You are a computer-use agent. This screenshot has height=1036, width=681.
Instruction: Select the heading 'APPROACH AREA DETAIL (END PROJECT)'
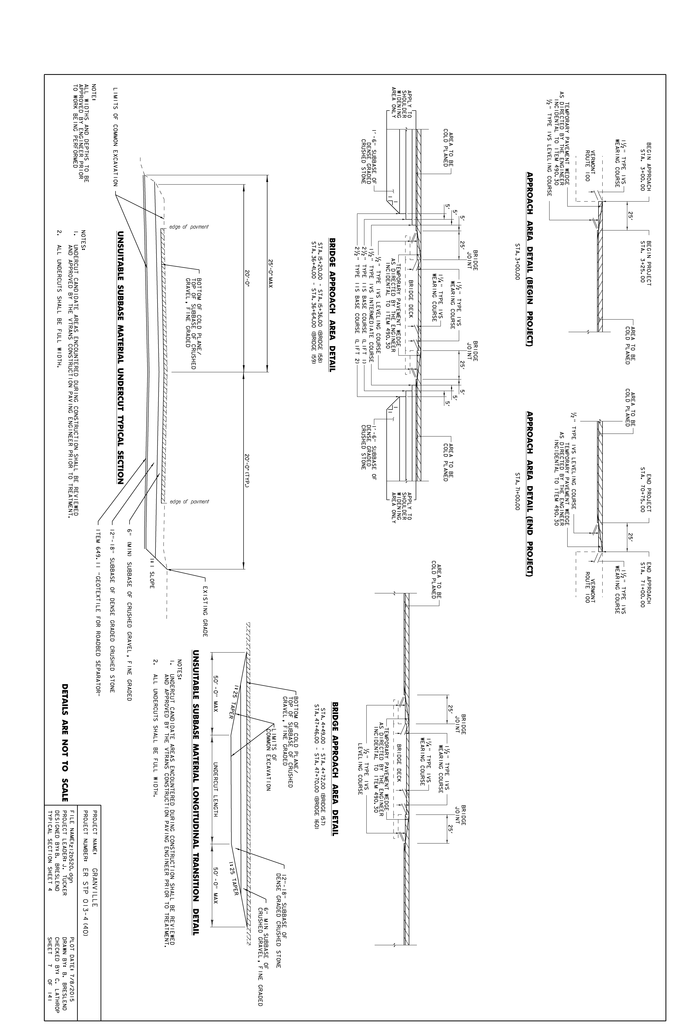[530, 494]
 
